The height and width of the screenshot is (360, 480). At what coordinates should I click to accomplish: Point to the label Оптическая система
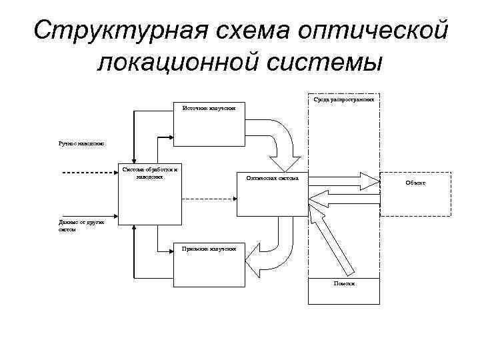273,178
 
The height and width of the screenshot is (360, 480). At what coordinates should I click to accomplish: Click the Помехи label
344,283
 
